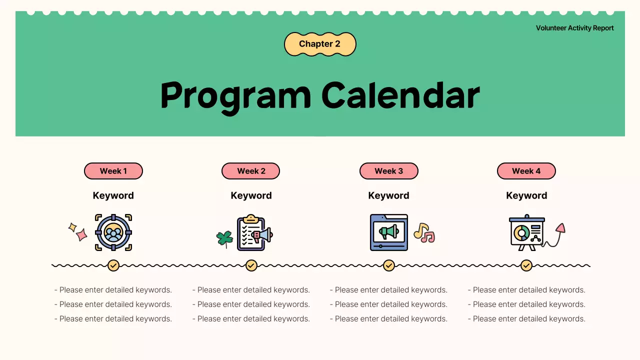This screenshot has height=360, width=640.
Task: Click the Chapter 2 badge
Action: [320, 44]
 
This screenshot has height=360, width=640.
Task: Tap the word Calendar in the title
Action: [400, 95]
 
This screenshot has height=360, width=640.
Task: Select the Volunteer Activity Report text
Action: [574, 28]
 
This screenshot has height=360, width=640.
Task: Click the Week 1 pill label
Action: [113, 171]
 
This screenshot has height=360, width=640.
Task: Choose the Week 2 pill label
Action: [251, 171]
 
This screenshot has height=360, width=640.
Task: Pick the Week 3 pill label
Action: [389, 171]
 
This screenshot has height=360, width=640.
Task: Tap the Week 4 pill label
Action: [526, 171]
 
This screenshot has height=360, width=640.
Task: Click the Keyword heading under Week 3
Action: [388, 195]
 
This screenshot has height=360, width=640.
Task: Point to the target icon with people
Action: [113, 232]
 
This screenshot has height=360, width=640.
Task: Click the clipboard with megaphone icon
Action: [255, 232]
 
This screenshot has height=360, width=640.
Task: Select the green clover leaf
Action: [224, 239]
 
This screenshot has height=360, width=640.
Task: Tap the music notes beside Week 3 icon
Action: [424, 233]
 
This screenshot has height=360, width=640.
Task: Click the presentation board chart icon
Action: [527, 232]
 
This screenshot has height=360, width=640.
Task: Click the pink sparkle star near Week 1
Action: [81, 234]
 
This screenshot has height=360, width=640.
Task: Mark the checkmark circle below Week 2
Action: [251, 265]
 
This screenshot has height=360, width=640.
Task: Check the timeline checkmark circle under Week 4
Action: [526, 265]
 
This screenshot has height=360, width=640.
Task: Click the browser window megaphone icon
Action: [389, 232]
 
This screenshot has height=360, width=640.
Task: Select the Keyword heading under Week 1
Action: [113, 195]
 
